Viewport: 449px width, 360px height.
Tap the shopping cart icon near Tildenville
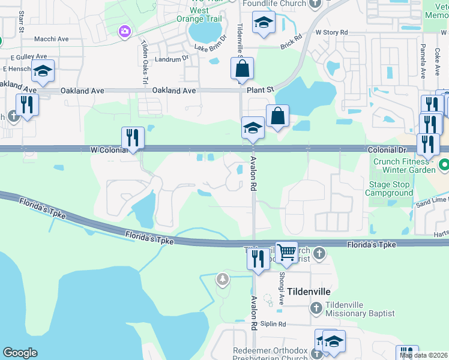pyautogui.click(x=286, y=253)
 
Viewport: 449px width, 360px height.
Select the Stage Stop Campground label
pyautogui.click(x=391, y=189)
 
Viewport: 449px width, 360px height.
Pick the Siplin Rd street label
pyautogui.click(x=274, y=324)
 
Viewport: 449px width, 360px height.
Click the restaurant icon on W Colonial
pyautogui.click(x=132, y=137)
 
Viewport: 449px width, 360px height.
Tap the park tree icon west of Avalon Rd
pyautogui.click(x=223, y=278)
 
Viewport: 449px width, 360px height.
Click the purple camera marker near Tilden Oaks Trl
pyautogui.click(x=125, y=31)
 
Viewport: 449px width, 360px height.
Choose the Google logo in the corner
pyautogui.click(x=19, y=353)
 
